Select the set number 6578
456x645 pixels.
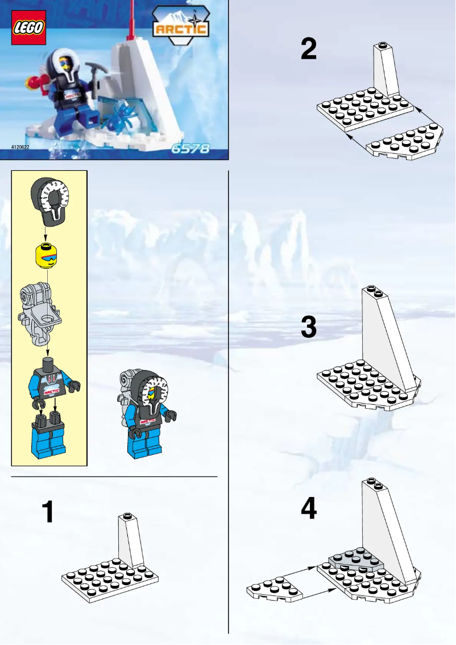190,149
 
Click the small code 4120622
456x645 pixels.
20,147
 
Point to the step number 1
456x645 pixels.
49,512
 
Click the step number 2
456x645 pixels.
309,50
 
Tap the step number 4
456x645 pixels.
309,508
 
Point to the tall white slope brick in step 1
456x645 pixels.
131,541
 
